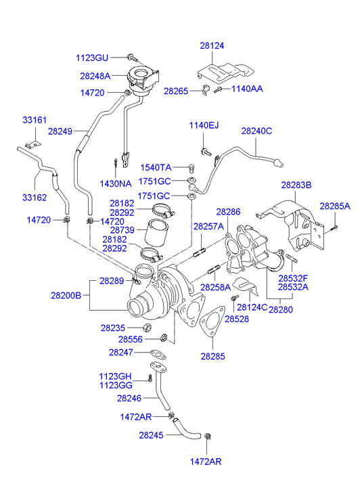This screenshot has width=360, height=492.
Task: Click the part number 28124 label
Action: (x=212, y=46)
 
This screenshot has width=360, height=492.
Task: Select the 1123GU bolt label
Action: (x=92, y=58)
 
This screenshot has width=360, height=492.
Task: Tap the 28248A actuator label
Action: (x=95, y=76)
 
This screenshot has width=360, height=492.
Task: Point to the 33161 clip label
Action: (x=35, y=120)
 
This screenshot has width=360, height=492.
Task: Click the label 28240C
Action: (x=256, y=131)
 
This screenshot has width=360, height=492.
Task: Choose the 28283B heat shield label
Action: (x=296, y=185)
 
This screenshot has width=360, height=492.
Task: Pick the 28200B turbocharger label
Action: (x=66, y=295)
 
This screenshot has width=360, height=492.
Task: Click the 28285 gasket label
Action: (x=212, y=356)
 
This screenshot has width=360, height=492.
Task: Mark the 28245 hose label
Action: (x=151, y=435)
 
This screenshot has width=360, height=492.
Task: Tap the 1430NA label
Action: (x=116, y=183)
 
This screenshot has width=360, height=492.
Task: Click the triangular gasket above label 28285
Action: (x=212, y=323)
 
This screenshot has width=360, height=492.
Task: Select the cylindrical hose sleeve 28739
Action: (x=156, y=233)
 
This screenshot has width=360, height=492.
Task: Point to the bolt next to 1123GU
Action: (x=133, y=58)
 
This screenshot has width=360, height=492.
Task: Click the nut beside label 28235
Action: (x=147, y=328)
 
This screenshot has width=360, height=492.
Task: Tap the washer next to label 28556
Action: (x=164, y=338)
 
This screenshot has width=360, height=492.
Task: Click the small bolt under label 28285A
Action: (x=334, y=229)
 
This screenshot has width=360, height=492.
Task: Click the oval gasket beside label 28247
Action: (x=158, y=354)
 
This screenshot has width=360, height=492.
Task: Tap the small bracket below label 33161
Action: (x=33, y=144)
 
